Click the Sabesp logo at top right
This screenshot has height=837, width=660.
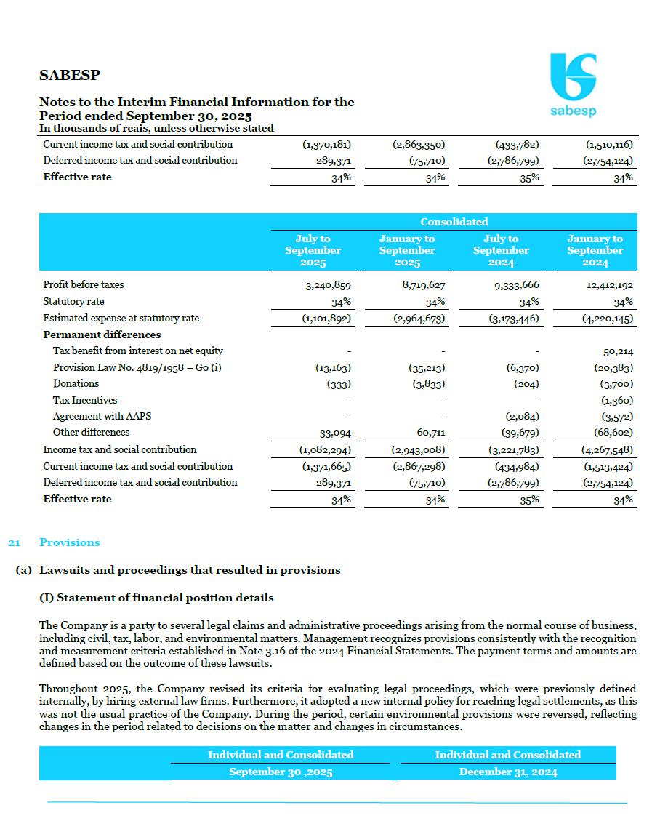[573, 84]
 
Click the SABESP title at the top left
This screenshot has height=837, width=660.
[70, 75]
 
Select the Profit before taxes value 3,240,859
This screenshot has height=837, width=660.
[329, 285]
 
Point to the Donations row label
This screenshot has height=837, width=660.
[76, 383]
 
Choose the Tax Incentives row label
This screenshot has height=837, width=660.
[84, 400]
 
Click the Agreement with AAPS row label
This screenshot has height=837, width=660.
[102, 416]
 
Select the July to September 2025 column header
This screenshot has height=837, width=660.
[313, 250]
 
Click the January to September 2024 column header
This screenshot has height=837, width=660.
[595, 250]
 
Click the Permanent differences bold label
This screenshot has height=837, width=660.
[102, 335]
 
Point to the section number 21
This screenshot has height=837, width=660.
[13, 542]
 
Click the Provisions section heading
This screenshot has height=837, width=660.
[70, 542]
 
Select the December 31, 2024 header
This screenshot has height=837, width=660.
[507, 772]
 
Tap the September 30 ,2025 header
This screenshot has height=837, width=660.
[281, 772]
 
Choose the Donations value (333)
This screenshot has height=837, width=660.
[340, 384]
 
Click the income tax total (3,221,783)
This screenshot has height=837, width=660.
[513, 449]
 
